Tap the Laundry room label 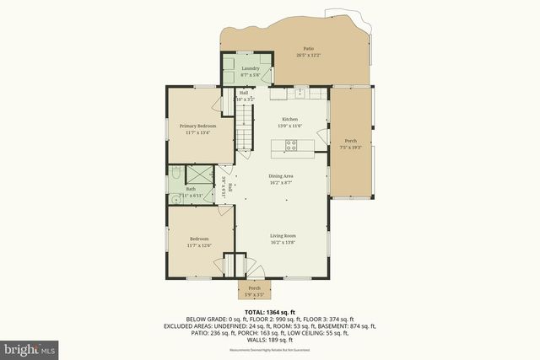click(250, 68)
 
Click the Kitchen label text click(289, 120)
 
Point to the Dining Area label click(281, 175)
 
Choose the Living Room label click(282, 235)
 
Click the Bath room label click(191, 189)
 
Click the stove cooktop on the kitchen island click(291, 145)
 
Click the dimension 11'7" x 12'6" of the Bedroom click(199, 245)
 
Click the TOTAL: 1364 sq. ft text click(269, 312)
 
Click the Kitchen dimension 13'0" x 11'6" click(289, 126)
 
